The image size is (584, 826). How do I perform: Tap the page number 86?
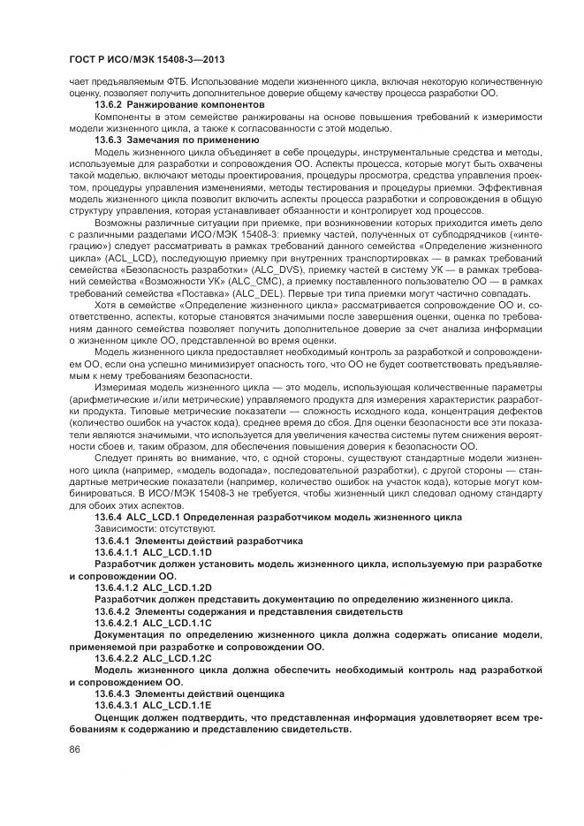pos(74,749)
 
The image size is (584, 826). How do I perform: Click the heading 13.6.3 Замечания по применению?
pos(171,140)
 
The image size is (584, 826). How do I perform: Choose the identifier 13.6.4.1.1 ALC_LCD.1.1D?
pos(154,551)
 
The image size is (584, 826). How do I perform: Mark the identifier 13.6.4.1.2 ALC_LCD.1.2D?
pos(154,587)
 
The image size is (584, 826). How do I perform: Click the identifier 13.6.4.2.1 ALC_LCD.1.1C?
pos(154,623)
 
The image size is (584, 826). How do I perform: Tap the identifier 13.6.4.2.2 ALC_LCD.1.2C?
pos(154,658)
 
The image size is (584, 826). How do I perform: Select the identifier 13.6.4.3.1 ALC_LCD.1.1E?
pos(154,706)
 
